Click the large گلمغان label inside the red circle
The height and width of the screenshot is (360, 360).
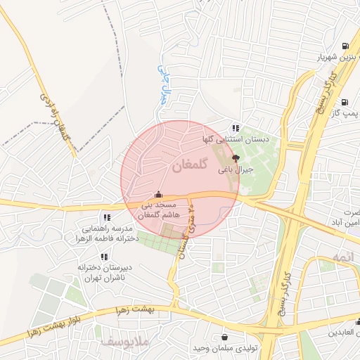pos(190,166)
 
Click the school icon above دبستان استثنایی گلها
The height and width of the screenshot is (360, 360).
pos(235,128)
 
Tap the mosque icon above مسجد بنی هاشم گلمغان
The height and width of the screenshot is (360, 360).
pos(159,194)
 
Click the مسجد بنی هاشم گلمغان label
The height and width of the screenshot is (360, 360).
pos(160,209)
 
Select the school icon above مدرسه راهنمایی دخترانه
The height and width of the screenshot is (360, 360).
pos(107,217)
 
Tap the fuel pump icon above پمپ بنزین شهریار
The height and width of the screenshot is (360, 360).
pos(344,46)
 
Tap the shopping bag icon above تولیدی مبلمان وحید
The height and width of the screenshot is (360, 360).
pos(224,337)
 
